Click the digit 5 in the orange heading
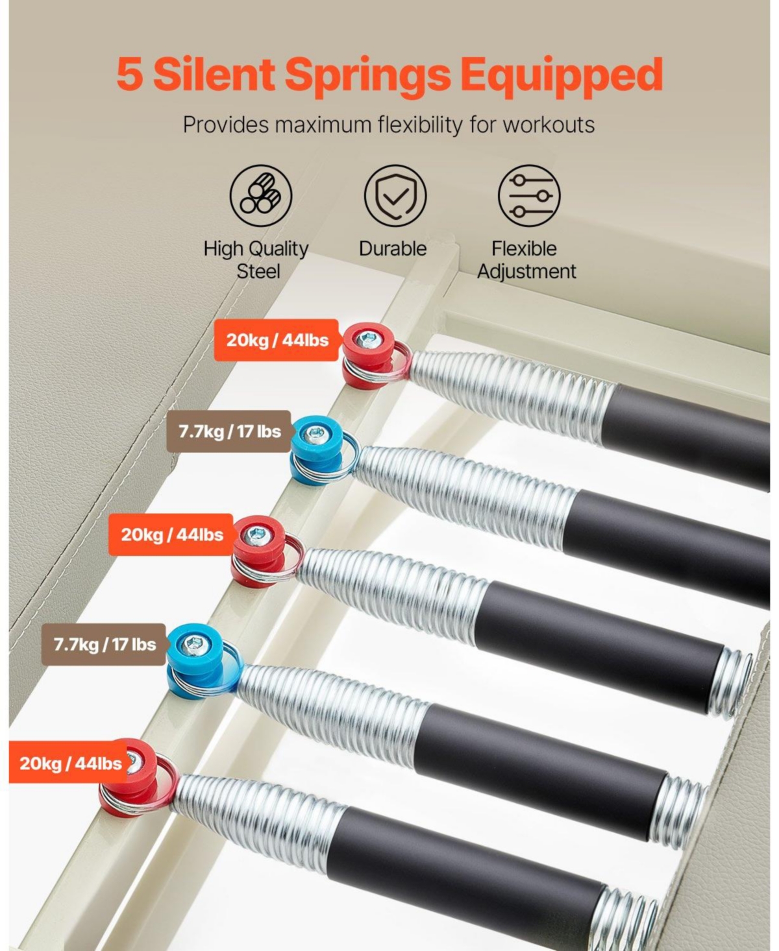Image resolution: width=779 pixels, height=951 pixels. [x=130, y=75]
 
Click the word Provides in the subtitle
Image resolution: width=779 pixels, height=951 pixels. [x=226, y=125]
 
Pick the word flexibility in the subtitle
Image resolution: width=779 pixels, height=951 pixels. [x=420, y=126]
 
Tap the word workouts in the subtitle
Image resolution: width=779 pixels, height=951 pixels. [x=549, y=126]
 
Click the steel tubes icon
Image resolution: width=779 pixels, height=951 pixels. [x=261, y=196]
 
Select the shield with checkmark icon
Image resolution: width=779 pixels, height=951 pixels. [x=395, y=196]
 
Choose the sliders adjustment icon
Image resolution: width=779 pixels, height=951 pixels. [x=529, y=196]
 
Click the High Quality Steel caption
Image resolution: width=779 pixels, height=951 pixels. [x=256, y=260]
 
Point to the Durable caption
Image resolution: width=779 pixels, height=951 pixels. [x=393, y=249]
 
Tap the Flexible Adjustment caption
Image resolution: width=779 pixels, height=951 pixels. [x=526, y=260]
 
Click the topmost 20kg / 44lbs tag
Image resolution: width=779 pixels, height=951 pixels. [x=276, y=340]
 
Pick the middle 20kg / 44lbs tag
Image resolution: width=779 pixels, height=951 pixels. [x=171, y=535]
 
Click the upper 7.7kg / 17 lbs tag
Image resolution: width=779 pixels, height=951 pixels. [x=229, y=431]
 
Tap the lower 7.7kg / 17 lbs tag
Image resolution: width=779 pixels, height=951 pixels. [x=104, y=645]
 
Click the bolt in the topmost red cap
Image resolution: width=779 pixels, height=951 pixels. [x=369, y=339]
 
